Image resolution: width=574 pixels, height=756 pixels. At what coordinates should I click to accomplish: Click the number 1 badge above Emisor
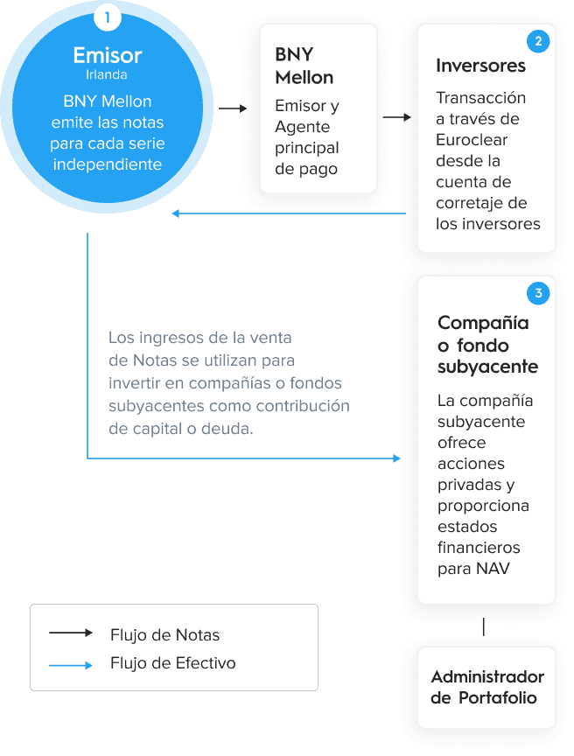point(107,17)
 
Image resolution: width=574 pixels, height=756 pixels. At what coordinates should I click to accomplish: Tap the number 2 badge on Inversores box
point(538,41)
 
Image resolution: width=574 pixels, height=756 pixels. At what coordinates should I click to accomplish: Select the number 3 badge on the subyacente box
point(538,293)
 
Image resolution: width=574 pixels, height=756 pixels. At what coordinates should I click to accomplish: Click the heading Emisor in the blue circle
point(108,55)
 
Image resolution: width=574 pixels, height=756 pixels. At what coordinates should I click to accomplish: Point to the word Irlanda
point(107,74)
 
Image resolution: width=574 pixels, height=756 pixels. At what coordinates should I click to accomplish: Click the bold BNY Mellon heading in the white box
point(304,66)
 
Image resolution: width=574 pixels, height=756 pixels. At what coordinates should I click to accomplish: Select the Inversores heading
point(480,66)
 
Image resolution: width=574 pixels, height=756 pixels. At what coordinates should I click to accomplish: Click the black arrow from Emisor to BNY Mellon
point(233,108)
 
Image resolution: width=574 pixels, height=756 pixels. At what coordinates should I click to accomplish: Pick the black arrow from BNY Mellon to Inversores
point(397,117)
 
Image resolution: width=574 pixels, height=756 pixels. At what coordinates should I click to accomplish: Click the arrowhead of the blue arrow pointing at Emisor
point(176,213)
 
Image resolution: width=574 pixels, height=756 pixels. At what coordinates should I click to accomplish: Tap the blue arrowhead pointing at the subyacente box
point(396,458)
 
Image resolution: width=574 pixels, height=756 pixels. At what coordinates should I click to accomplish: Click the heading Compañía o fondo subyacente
point(487,345)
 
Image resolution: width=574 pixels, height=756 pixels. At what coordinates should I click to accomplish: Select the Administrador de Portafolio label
point(487,687)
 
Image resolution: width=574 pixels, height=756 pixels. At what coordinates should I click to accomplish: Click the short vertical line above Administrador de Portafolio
point(483,626)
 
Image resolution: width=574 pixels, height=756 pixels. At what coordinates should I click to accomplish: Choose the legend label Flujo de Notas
point(164,635)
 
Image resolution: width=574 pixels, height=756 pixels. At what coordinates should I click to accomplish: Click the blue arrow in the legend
point(70,665)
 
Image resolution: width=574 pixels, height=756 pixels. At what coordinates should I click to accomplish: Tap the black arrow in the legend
point(70,633)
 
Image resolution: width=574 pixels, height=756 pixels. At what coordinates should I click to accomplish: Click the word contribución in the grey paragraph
point(303,406)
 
